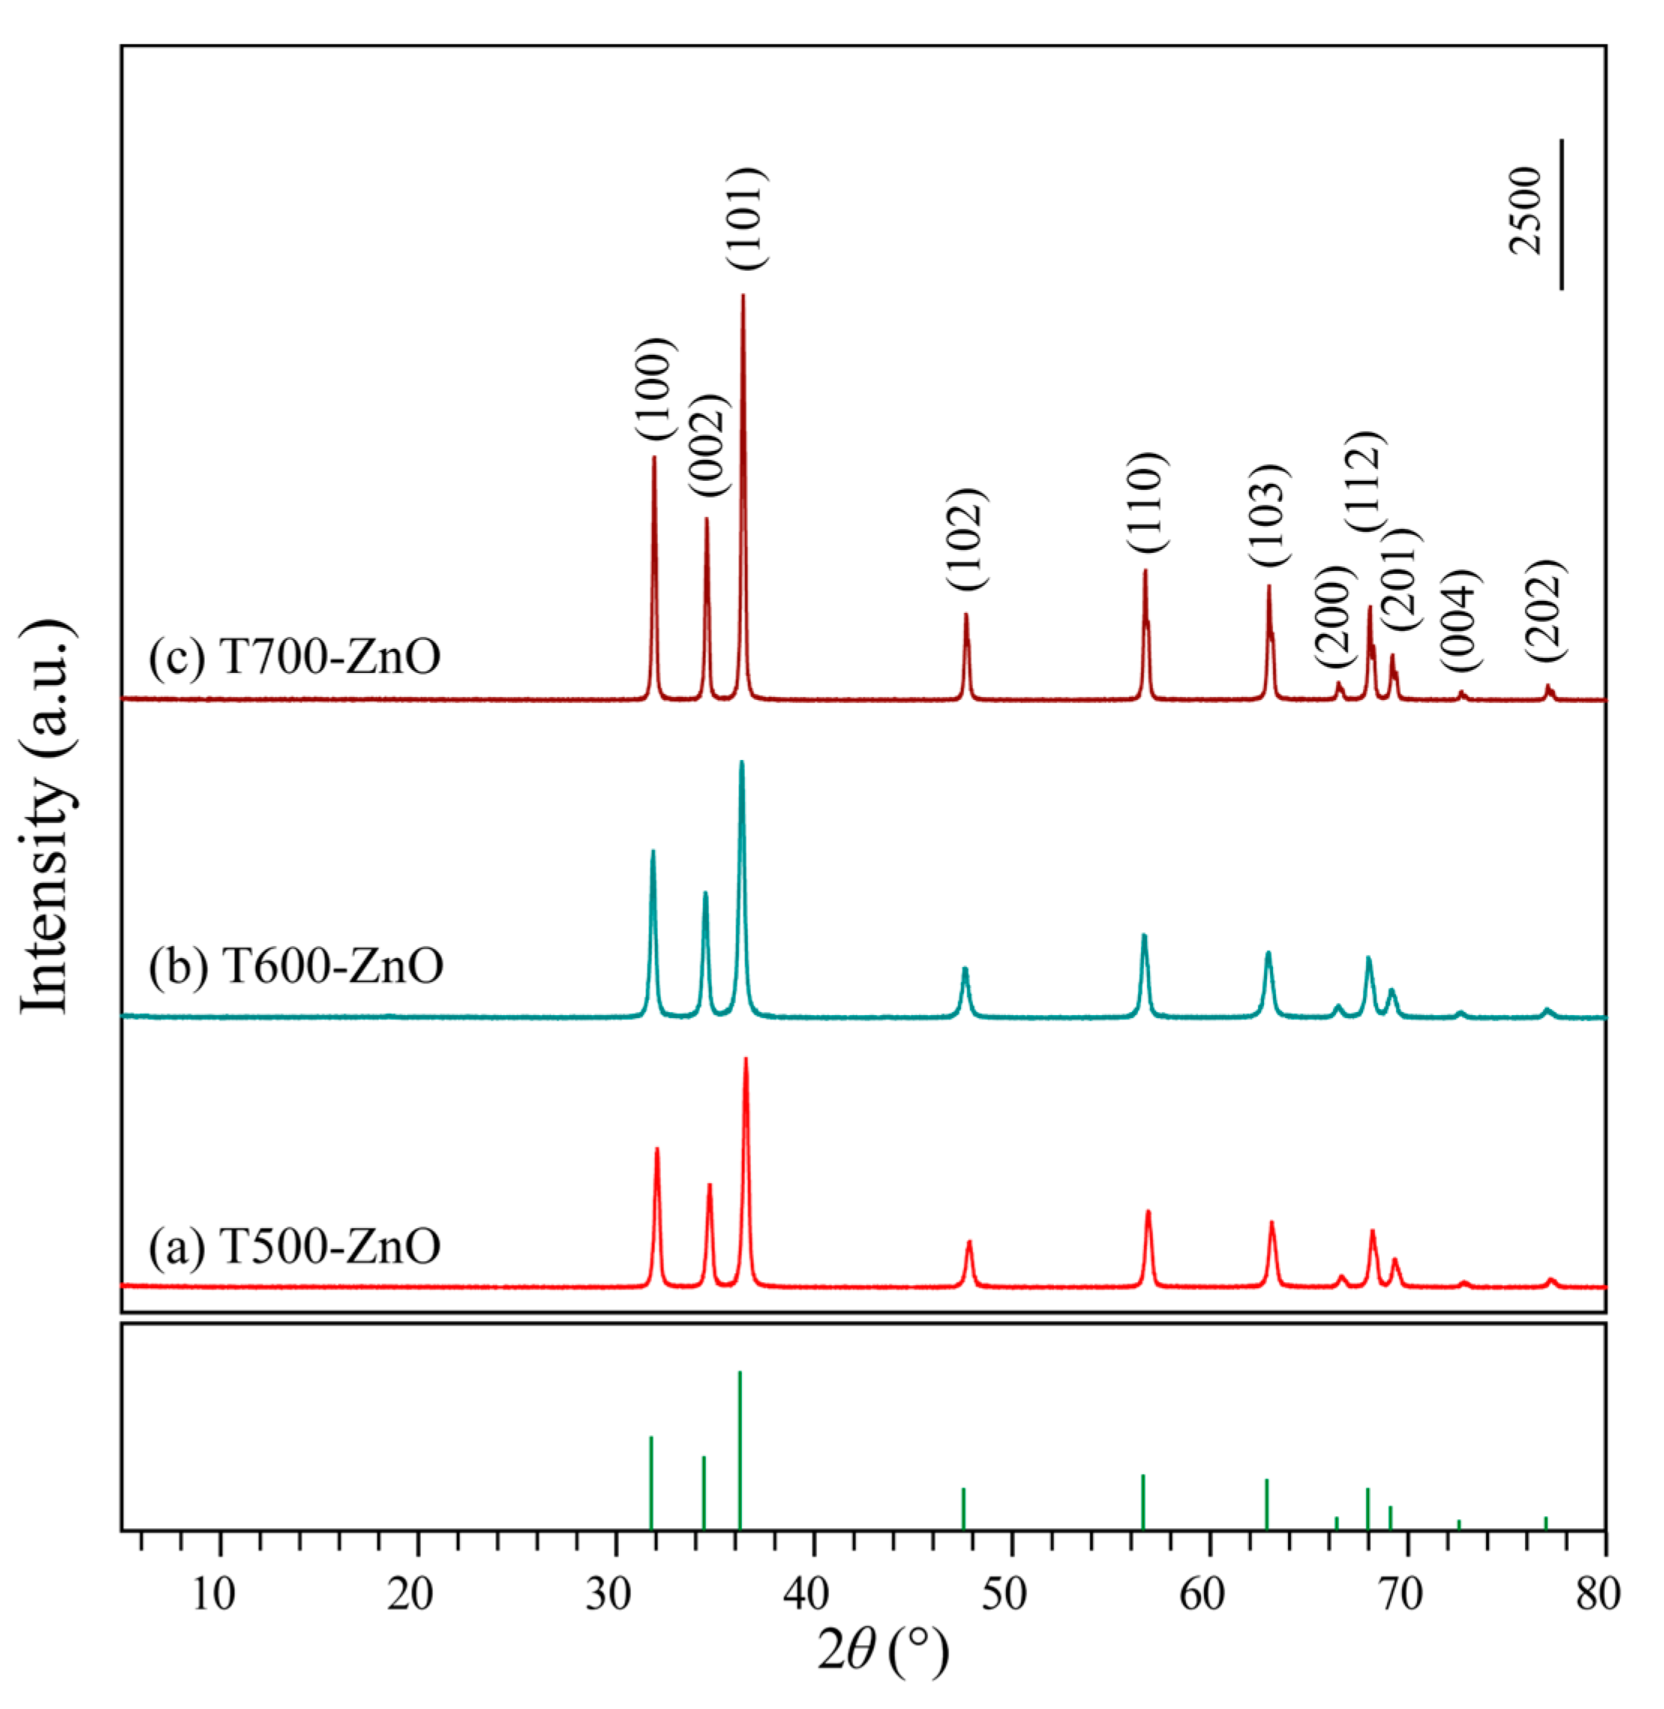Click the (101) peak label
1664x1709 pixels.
pos(748,219)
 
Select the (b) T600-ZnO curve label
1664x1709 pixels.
pos(296,966)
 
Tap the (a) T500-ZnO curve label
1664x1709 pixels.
pos(295,1247)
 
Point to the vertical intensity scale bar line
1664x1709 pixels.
pos(1561,213)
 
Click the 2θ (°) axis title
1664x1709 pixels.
pos(883,1651)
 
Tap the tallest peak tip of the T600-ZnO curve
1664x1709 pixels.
pos(742,763)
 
